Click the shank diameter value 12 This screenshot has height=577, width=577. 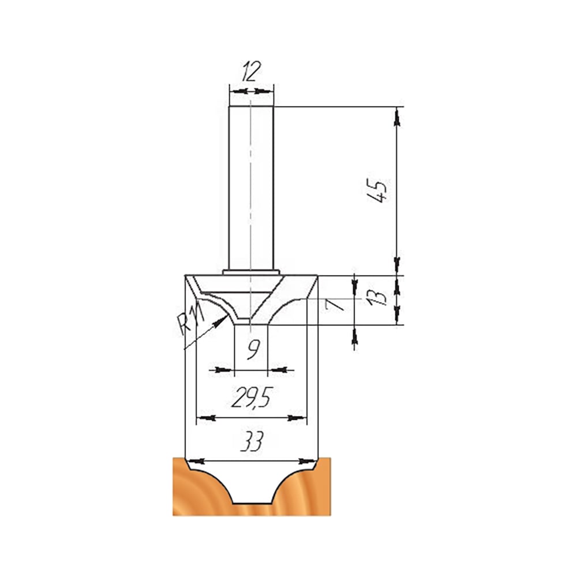[252, 72]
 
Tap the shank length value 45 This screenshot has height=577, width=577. [377, 190]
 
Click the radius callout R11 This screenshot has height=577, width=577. [190, 318]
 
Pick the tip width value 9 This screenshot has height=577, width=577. [253, 349]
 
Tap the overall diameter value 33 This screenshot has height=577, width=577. [252, 441]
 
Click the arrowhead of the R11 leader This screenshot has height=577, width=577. [221, 320]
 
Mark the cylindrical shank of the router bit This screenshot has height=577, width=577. [251, 188]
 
